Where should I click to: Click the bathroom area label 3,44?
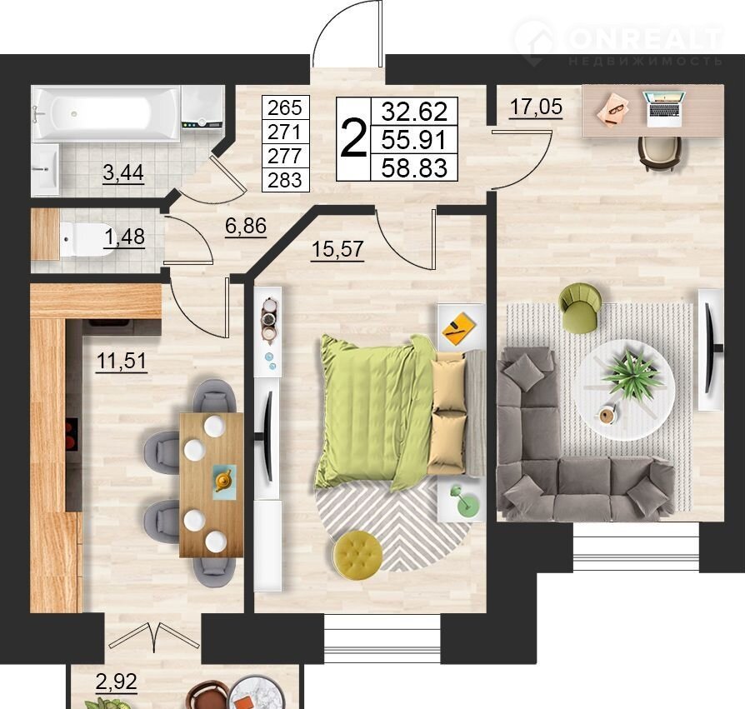click(123, 172)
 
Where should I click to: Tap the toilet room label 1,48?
click(124, 237)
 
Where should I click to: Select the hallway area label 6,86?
click(246, 226)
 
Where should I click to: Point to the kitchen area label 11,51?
click(121, 361)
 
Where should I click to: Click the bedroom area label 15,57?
click(337, 249)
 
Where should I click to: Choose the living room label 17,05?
click(536, 107)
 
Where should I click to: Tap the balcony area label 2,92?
click(117, 682)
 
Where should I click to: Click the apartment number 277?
click(285, 156)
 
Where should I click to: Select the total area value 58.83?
click(414, 168)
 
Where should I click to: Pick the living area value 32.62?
click(414, 112)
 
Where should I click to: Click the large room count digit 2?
click(354, 139)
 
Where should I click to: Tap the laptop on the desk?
click(665, 109)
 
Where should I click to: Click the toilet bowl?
click(86, 239)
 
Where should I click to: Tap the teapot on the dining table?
click(222, 480)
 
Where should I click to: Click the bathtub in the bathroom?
click(106, 113)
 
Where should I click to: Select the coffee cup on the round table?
click(607, 415)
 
